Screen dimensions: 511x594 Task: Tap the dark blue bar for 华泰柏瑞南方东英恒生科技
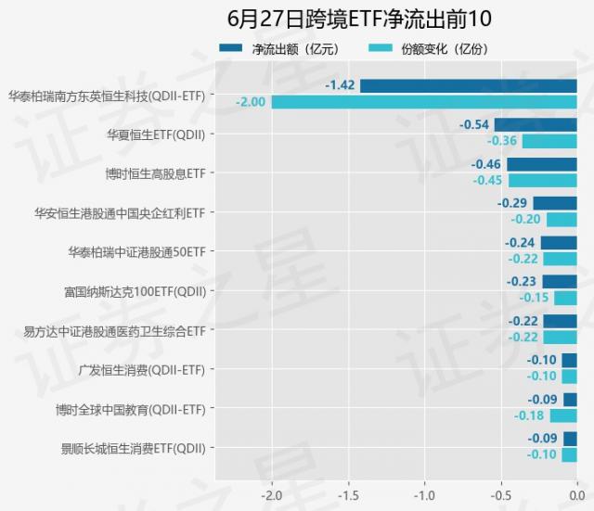click(x=468, y=86)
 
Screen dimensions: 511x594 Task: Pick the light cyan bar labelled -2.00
click(x=423, y=102)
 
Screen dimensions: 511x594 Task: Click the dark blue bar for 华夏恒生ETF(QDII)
click(x=535, y=125)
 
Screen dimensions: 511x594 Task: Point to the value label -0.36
click(x=502, y=141)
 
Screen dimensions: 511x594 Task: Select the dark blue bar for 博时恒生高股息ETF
click(x=541, y=164)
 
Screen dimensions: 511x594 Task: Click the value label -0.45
click(x=487, y=180)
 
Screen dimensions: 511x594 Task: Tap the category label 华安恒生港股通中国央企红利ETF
click(x=119, y=212)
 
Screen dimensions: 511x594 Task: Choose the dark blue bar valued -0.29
click(x=554, y=204)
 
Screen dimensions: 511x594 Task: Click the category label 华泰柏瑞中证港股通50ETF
click(x=136, y=251)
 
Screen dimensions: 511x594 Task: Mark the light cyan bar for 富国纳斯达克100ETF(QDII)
click(x=565, y=298)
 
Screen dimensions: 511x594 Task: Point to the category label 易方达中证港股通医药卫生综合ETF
click(x=114, y=330)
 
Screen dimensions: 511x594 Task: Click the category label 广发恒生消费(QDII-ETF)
click(x=142, y=369)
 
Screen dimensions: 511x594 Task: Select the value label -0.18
click(x=529, y=415)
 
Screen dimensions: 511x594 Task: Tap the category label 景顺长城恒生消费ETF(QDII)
click(x=133, y=448)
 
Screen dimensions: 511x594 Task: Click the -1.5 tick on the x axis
click(x=347, y=493)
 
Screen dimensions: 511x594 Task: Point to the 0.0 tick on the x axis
click(x=576, y=493)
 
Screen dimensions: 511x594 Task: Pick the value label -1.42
click(x=341, y=85)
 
